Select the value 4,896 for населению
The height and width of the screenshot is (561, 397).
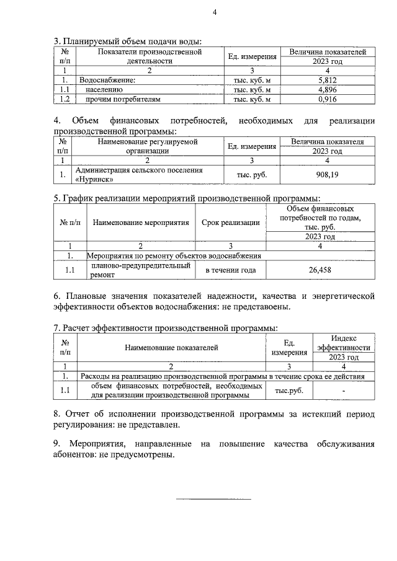pyautogui.click(x=326, y=90)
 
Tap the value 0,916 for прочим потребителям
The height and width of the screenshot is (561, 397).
pyautogui.click(x=326, y=99)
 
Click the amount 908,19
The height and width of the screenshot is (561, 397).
pyautogui.click(x=326, y=175)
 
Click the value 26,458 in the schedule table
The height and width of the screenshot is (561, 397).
pyautogui.click(x=319, y=270)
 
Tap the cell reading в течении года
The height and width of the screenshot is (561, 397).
pyautogui.click(x=227, y=270)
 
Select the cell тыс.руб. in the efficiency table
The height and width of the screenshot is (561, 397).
pyautogui.click(x=289, y=391)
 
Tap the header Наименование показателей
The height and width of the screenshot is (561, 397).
pyautogui.click(x=171, y=348)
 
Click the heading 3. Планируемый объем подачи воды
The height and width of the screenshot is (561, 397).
pyautogui.click(x=128, y=42)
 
